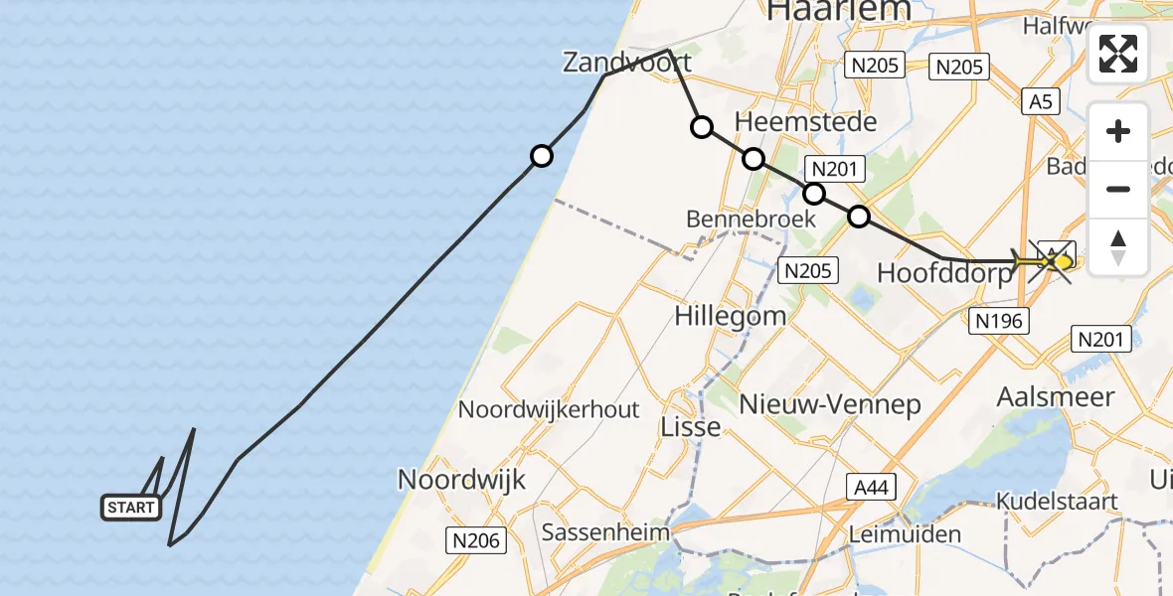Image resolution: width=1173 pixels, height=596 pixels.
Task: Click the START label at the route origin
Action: pyautogui.click(x=130, y=508)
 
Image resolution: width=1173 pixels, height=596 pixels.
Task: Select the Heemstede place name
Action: pyautogui.click(x=805, y=122)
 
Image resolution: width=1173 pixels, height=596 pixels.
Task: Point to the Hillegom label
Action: pyautogui.click(x=730, y=317)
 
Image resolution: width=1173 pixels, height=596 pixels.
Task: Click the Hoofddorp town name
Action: pyautogui.click(x=944, y=273)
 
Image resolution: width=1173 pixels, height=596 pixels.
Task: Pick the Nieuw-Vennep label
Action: pyautogui.click(x=830, y=404)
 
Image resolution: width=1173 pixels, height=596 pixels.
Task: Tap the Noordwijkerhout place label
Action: pyautogui.click(x=549, y=409)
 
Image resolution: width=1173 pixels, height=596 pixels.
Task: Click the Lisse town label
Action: pyautogui.click(x=691, y=427)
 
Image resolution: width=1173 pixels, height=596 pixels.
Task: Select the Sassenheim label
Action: pyautogui.click(x=605, y=532)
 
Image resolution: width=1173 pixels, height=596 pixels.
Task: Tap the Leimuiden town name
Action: pyautogui.click(x=905, y=534)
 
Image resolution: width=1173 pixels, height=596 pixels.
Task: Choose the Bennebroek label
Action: pyautogui.click(x=751, y=219)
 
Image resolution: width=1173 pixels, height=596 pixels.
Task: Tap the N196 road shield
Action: pyautogui.click(x=998, y=319)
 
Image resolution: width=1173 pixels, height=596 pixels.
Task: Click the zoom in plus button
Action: pyautogui.click(x=1118, y=131)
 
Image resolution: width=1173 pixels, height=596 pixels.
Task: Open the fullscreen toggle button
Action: pyautogui.click(x=1118, y=54)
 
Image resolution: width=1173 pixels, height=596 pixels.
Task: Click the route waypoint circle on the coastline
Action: pyautogui.click(x=542, y=156)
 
